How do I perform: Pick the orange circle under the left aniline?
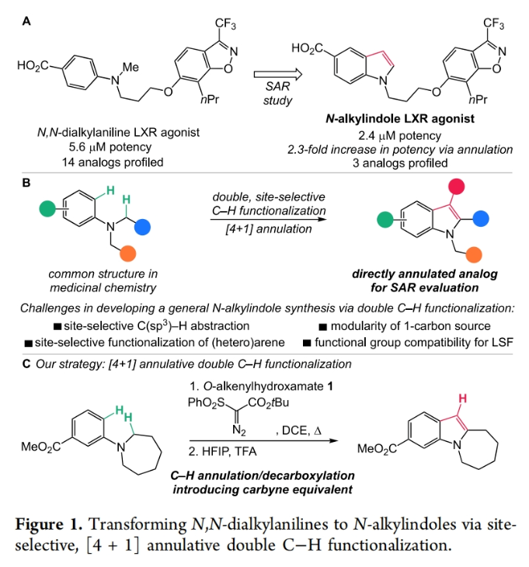129,254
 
